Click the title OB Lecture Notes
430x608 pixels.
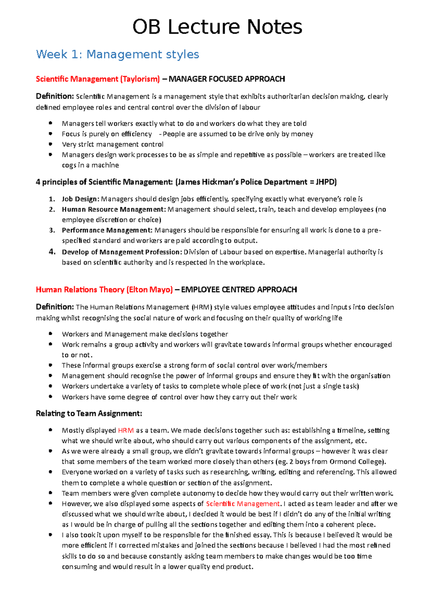tap(217, 27)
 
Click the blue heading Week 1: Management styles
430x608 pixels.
tap(118, 54)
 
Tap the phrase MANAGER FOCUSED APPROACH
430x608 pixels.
tap(227, 79)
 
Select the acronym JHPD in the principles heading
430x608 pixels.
tap(325, 182)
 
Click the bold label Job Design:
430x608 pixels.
tap(81, 199)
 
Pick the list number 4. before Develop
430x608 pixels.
tap(52, 252)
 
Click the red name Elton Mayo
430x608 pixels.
tap(149, 290)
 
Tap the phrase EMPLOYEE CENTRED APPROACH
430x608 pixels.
tap(239, 290)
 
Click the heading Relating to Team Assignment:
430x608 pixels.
tap(89, 414)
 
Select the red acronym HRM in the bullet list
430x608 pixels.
tap(125, 430)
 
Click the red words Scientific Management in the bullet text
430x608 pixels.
tap(243, 504)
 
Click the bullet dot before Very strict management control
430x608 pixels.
tap(51, 144)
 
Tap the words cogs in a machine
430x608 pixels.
tap(90, 165)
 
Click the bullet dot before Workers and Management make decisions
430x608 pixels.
tap(51, 334)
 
